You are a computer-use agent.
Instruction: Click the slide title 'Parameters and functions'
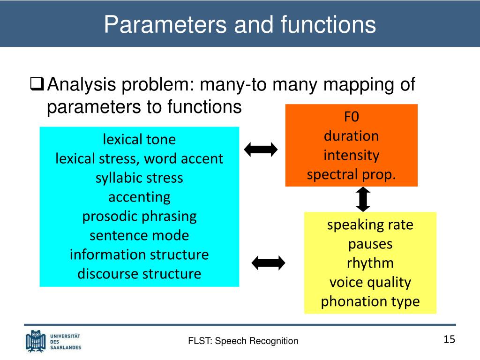240,24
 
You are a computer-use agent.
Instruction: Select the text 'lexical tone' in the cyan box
139,139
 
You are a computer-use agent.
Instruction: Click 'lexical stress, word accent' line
139,158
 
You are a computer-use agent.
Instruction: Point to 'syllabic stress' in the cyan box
139,178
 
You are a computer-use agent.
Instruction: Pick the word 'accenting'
139,197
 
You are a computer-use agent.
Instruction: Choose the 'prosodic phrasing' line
139,216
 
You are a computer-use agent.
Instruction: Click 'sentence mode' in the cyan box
139,235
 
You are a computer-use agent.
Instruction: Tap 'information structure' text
139,255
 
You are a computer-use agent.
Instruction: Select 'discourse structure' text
139,273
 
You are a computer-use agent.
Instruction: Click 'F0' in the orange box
351,116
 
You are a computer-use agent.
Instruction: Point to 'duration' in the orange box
351,136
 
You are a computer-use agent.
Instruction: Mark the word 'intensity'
351,155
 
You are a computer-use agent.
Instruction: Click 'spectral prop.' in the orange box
351,174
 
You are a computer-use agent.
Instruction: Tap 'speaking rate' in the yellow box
370,225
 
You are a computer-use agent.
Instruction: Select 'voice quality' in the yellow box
370,282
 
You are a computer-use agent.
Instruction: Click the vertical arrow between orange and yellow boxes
363,199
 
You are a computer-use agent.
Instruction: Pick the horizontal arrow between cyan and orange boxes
261,150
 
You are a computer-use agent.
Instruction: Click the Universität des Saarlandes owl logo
36,341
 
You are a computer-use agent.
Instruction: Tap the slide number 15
449,339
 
